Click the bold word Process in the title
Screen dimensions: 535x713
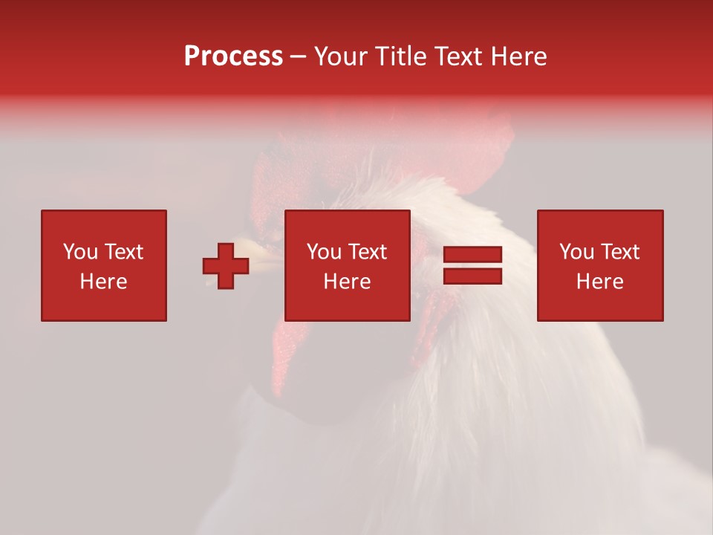click(233, 56)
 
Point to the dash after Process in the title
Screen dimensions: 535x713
click(298, 57)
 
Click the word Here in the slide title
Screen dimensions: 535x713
click(518, 56)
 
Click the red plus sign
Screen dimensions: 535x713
click(226, 266)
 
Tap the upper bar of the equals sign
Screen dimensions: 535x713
click(472, 255)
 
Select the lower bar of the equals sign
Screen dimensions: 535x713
click(472, 276)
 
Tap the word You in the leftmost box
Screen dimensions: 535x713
click(80, 252)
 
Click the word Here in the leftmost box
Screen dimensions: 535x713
click(103, 282)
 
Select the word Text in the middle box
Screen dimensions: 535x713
click(368, 252)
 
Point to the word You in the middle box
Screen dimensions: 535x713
click(324, 252)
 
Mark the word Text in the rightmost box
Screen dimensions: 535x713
click(620, 252)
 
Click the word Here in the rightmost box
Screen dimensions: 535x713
click(599, 282)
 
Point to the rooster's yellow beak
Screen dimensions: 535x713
click(261, 256)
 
